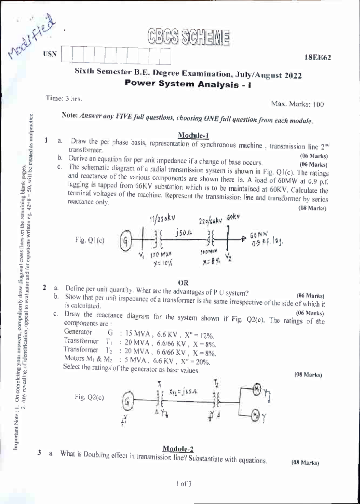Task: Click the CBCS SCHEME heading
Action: [x=188, y=38]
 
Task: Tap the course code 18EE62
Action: [x=318, y=58]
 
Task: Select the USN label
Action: [x=50, y=54]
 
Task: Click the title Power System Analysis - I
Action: [x=188, y=84]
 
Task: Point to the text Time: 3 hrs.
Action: [x=64, y=98]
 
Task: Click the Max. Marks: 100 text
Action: [x=297, y=104]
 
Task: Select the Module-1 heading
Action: [x=193, y=135]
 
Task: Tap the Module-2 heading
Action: [x=178, y=449]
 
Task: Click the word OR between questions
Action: [x=183, y=283]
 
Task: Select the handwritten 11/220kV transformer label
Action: [x=162, y=218]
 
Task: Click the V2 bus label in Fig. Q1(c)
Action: [x=229, y=256]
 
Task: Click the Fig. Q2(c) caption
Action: [x=89, y=397]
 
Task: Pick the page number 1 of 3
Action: [x=184, y=484]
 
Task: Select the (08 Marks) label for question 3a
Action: [x=305, y=463]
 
